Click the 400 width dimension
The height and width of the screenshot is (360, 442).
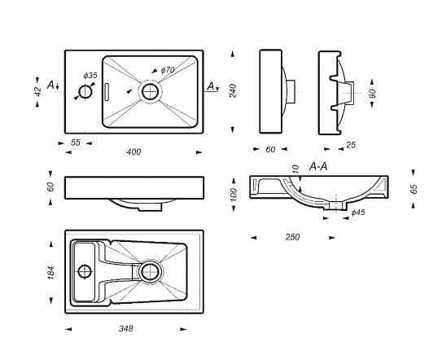pyautogui.click(x=133, y=152)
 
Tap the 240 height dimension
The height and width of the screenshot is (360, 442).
pyautogui.click(x=233, y=90)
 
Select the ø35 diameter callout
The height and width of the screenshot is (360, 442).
pyautogui.click(x=90, y=76)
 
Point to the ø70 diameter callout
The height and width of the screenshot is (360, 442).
pyautogui.click(x=168, y=70)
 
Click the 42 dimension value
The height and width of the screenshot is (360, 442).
pyautogui.click(x=37, y=92)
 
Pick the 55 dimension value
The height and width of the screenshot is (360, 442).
pyautogui.click(x=76, y=143)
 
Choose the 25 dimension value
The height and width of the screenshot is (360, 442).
pyautogui.click(x=351, y=145)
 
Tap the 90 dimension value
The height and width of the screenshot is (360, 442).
pyautogui.click(x=372, y=94)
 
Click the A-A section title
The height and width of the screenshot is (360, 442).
pyautogui.click(x=318, y=167)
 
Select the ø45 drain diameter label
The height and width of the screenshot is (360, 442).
pyautogui.click(x=358, y=213)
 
